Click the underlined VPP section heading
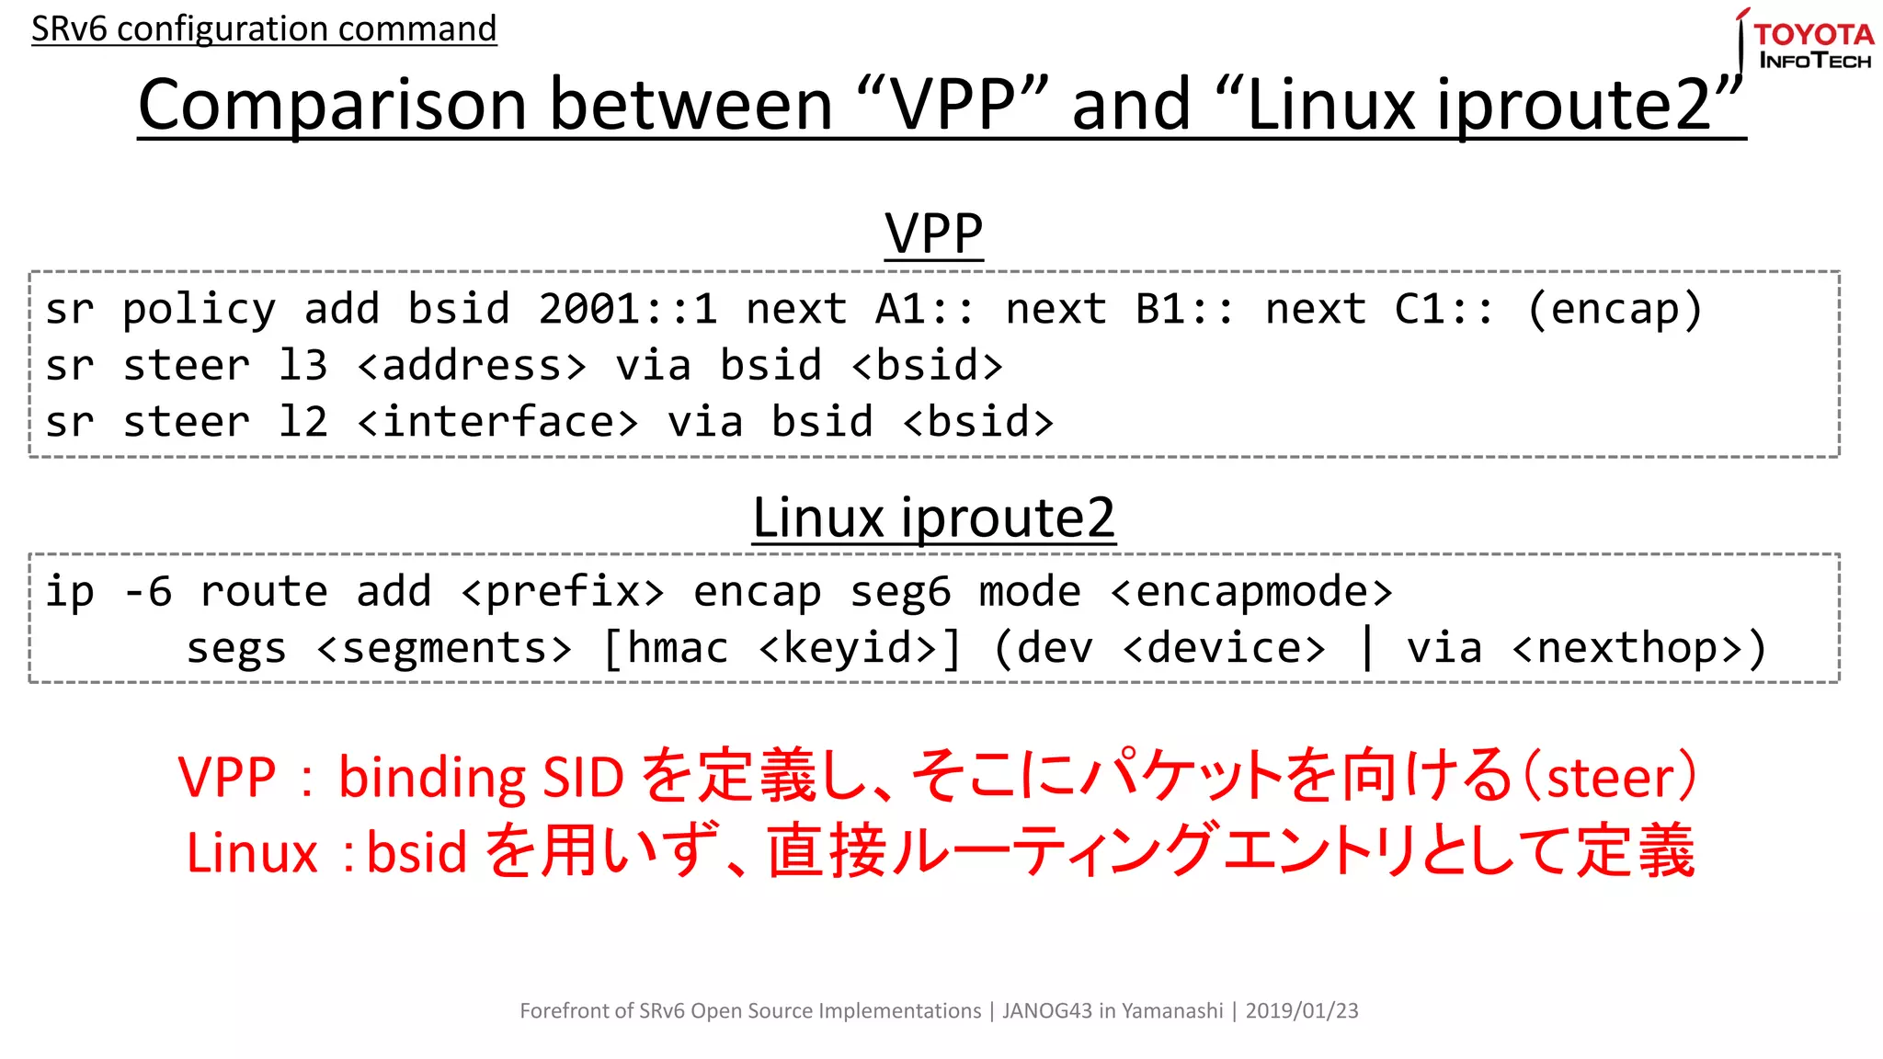pyautogui.click(x=933, y=233)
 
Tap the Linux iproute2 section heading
pyautogui.click(x=933, y=518)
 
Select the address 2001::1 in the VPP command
pyautogui.click(x=628, y=309)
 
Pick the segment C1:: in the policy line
pyautogui.click(x=1444, y=309)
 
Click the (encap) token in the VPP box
pyautogui.click(x=1615, y=309)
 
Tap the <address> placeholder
pyautogui.click(x=472, y=366)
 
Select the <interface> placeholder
pyautogui.click(x=497, y=423)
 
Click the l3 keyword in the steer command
pyautogui.click(x=302, y=366)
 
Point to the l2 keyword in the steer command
pyautogui.click(x=302, y=423)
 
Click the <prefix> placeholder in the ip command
pyautogui.click(x=563, y=592)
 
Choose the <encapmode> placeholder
pyautogui.click(x=1251, y=592)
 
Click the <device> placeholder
pyautogui.click(x=1225, y=649)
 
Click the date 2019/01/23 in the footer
pyautogui.click(x=1301, y=1011)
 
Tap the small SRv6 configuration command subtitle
pyautogui.click(x=264, y=28)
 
